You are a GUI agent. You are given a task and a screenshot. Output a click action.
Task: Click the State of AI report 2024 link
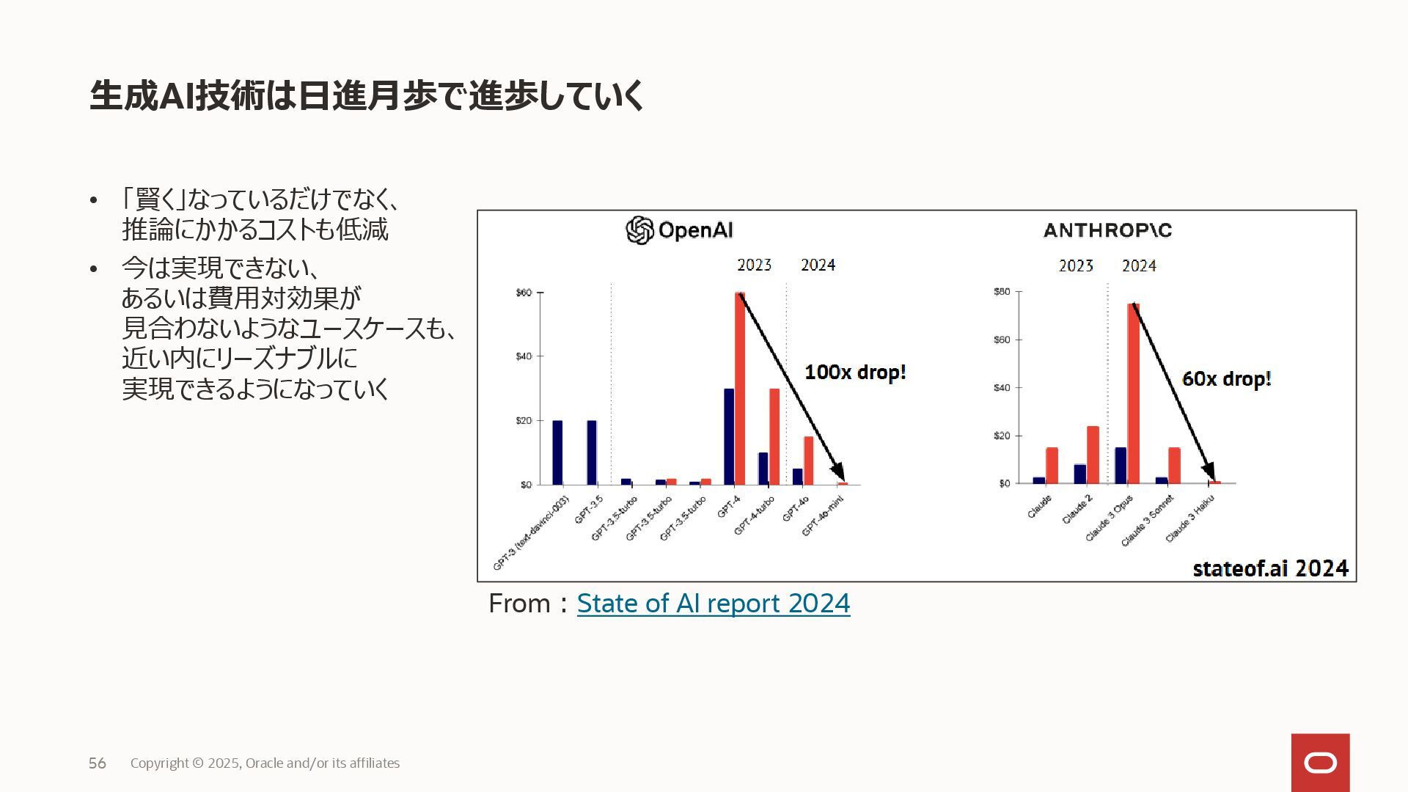coord(713,604)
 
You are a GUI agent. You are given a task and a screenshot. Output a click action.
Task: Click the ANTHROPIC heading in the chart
coord(1107,230)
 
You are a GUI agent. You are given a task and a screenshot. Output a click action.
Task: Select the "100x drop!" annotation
coord(855,373)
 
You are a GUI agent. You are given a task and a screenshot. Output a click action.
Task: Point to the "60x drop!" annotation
coord(1226,379)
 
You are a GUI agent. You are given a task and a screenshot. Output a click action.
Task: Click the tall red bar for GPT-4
coord(740,389)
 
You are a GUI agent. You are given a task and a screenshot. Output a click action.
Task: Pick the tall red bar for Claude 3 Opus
coord(1133,394)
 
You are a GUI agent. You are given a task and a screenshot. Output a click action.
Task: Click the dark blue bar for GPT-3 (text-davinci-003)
coord(557,452)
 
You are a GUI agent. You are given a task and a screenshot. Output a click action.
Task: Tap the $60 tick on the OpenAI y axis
coord(524,293)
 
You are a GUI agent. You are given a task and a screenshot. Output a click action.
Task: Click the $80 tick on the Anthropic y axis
coord(1002,292)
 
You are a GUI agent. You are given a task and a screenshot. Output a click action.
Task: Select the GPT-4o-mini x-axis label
coord(823,516)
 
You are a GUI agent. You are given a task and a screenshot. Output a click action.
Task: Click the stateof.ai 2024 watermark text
coord(1270,568)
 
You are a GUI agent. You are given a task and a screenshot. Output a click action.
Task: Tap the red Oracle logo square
coord(1320,763)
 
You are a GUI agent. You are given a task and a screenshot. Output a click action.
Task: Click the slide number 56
coord(98,763)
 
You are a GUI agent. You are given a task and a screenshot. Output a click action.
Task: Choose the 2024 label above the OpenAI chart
coord(818,265)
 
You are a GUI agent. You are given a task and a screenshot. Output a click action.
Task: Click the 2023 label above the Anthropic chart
coord(1076,265)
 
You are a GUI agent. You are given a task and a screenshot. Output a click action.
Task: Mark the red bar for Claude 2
coord(1093,455)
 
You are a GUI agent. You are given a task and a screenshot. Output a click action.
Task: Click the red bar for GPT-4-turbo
coord(774,436)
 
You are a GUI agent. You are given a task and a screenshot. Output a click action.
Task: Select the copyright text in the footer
coord(265,763)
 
